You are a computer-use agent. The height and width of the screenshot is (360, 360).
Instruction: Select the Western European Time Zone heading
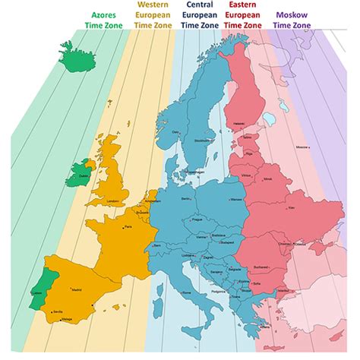(152, 18)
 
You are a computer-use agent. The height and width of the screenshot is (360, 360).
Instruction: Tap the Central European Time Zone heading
(198, 18)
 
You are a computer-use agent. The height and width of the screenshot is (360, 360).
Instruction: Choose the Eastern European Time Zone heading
(245, 18)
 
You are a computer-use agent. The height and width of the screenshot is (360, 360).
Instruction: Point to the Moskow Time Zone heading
(292, 20)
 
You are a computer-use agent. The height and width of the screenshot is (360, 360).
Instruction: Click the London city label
(115, 201)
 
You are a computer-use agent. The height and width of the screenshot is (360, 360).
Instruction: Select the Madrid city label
(76, 289)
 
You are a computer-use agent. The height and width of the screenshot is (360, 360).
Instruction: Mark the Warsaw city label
(235, 201)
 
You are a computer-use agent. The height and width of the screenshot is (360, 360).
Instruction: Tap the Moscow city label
(302, 147)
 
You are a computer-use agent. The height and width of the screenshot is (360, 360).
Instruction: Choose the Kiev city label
(293, 207)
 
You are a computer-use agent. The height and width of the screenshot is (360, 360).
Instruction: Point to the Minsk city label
(267, 179)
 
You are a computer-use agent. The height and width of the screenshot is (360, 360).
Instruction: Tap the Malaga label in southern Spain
(66, 320)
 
